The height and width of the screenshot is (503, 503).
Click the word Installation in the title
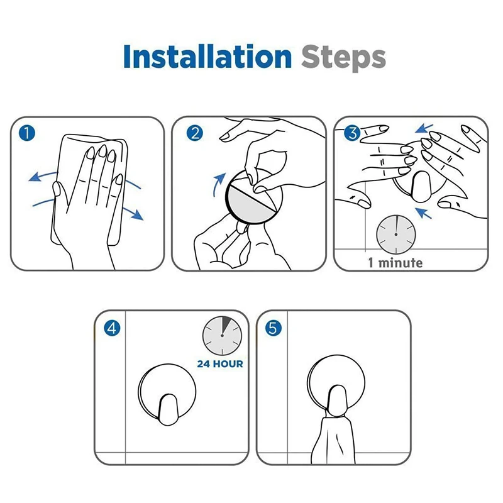[207, 57]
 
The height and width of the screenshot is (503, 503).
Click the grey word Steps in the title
[343, 58]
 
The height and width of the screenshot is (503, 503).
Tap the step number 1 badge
[27, 133]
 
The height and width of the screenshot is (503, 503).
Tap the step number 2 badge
[195, 133]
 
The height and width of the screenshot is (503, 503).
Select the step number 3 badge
[352, 133]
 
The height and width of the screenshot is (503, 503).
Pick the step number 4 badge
[112, 328]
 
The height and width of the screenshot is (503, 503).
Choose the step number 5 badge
[274, 328]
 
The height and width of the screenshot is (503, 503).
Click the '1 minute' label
[395, 263]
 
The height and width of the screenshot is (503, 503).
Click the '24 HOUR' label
[220, 364]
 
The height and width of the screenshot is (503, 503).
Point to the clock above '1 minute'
[396, 235]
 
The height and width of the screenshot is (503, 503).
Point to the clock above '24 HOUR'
[222, 336]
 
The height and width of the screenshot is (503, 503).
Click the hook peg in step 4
[168, 409]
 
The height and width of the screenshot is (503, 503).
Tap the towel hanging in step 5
[334, 439]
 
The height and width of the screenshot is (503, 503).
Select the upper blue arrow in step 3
[424, 129]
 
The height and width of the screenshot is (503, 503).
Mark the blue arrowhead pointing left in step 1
[35, 177]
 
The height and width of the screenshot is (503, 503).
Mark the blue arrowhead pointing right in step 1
[137, 215]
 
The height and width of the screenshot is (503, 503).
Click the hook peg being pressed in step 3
[421, 187]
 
